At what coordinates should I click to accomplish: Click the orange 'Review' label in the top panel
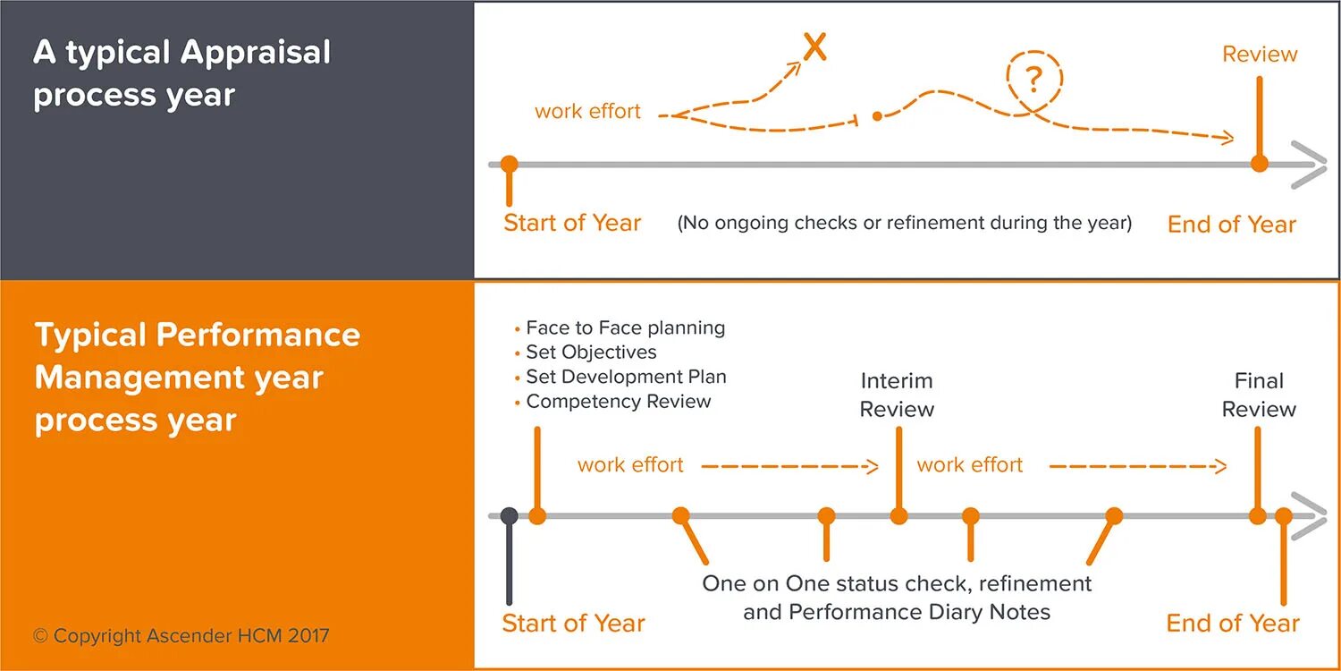click(x=1260, y=54)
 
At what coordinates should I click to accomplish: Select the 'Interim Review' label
click(x=897, y=395)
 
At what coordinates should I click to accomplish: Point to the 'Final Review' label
click(x=1259, y=395)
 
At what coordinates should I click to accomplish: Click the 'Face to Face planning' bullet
click(x=625, y=327)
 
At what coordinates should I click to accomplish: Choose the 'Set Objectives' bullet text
click(x=591, y=352)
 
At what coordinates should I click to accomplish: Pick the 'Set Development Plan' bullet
click(x=626, y=377)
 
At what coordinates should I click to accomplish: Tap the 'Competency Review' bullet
click(x=618, y=401)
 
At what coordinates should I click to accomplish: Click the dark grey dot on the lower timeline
click(x=510, y=516)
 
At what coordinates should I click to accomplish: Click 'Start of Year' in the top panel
click(x=572, y=223)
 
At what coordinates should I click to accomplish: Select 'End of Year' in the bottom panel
click(x=1233, y=623)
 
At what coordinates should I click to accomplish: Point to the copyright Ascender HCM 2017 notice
click(x=181, y=636)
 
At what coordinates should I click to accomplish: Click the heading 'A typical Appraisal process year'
click(x=181, y=73)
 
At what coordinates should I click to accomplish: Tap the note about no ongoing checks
click(x=905, y=223)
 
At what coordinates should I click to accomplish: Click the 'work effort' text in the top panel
click(x=587, y=112)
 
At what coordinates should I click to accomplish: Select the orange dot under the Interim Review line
click(x=898, y=516)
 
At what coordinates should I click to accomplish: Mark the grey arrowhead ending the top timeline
click(x=1311, y=165)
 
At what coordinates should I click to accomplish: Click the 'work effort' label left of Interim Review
click(x=630, y=465)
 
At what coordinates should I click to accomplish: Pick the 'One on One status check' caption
click(x=897, y=598)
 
